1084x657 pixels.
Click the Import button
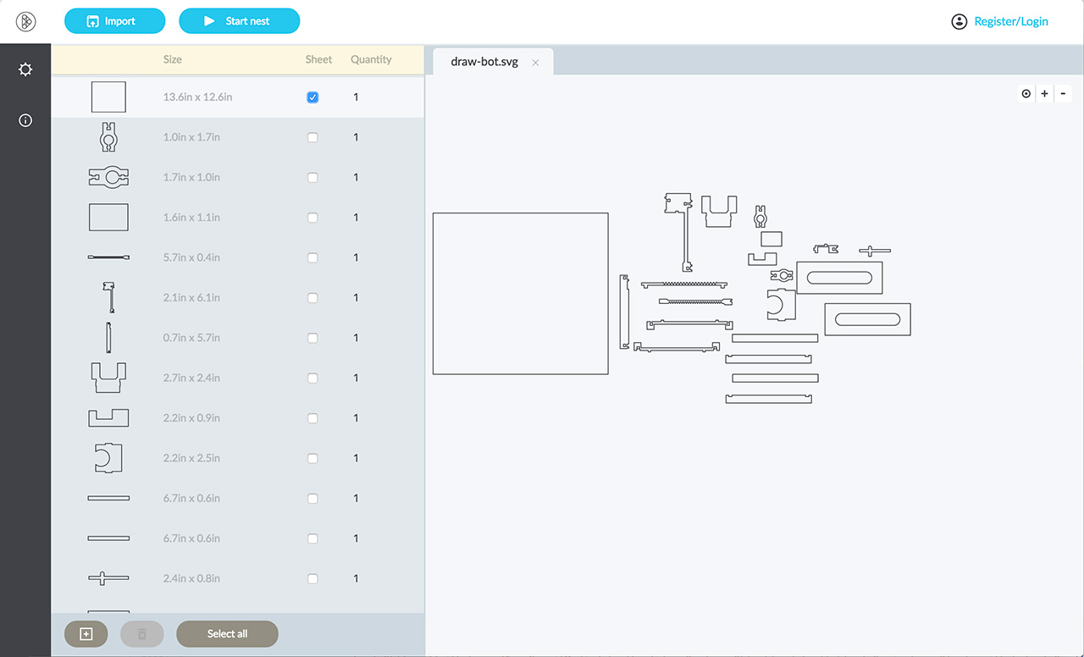[x=114, y=21]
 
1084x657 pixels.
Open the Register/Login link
[x=1011, y=21]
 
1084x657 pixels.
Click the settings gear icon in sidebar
[x=25, y=69]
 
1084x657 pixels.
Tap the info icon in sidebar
[x=25, y=120]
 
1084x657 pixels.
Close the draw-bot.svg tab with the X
[x=535, y=63]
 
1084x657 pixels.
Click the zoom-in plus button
[x=1044, y=93]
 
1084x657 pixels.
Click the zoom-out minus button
[x=1063, y=93]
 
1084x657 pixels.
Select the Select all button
[x=227, y=634]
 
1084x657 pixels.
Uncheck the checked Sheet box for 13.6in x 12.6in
[x=312, y=97]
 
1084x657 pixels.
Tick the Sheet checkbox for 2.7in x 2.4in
[x=312, y=378]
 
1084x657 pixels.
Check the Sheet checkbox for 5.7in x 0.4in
[x=312, y=258]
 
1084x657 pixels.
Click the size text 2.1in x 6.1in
[x=191, y=297]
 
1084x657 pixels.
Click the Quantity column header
[x=371, y=59]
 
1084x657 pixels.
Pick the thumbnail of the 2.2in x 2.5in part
[x=108, y=458]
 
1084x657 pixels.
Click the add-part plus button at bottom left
[x=86, y=634]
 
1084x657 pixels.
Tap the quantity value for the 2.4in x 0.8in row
[x=356, y=578]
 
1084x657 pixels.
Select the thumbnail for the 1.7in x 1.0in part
[x=108, y=177]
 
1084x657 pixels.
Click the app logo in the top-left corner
[x=25, y=21]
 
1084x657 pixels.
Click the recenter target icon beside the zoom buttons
[x=1026, y=93]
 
